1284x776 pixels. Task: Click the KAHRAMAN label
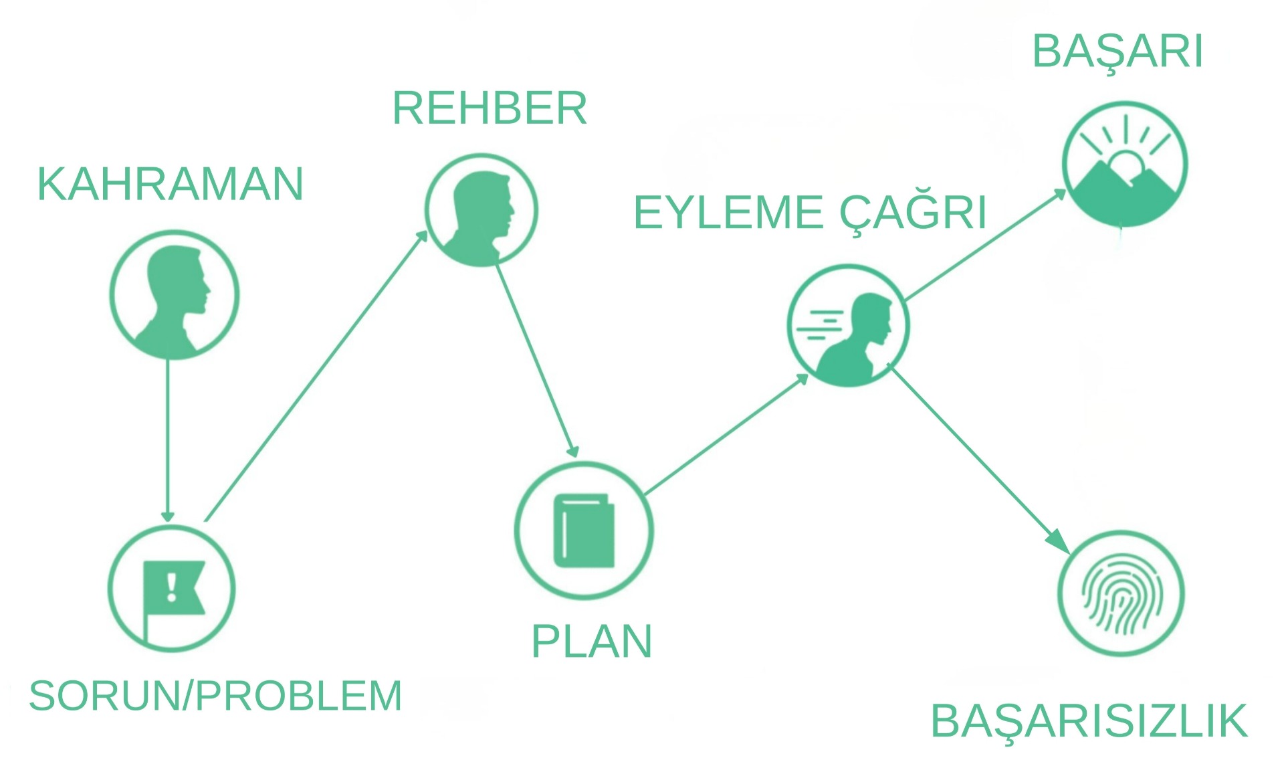(171, 184)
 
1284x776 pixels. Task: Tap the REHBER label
(490, 108)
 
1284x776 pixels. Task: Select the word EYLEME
(728, 213)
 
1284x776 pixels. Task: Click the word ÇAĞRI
(913, 213)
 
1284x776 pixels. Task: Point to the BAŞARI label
(1117, 52)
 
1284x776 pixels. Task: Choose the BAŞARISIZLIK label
(1089, 721)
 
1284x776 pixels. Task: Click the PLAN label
(591, 642)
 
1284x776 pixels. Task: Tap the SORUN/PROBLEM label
(215, 696)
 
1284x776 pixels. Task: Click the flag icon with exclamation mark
(173, 589)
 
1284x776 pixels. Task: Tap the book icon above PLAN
(584, 530)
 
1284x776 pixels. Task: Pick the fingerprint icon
(1121, 594)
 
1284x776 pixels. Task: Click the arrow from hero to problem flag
(168, 442)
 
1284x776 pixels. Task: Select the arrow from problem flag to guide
(314, 378)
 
